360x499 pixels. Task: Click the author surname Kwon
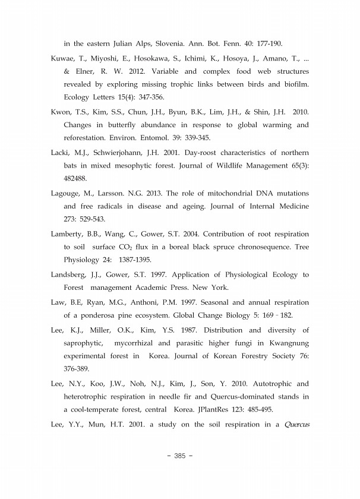click(x=61, y=112)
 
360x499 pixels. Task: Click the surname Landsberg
click(x=71, y=274)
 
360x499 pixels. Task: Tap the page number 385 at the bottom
click(x=179, y=456)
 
